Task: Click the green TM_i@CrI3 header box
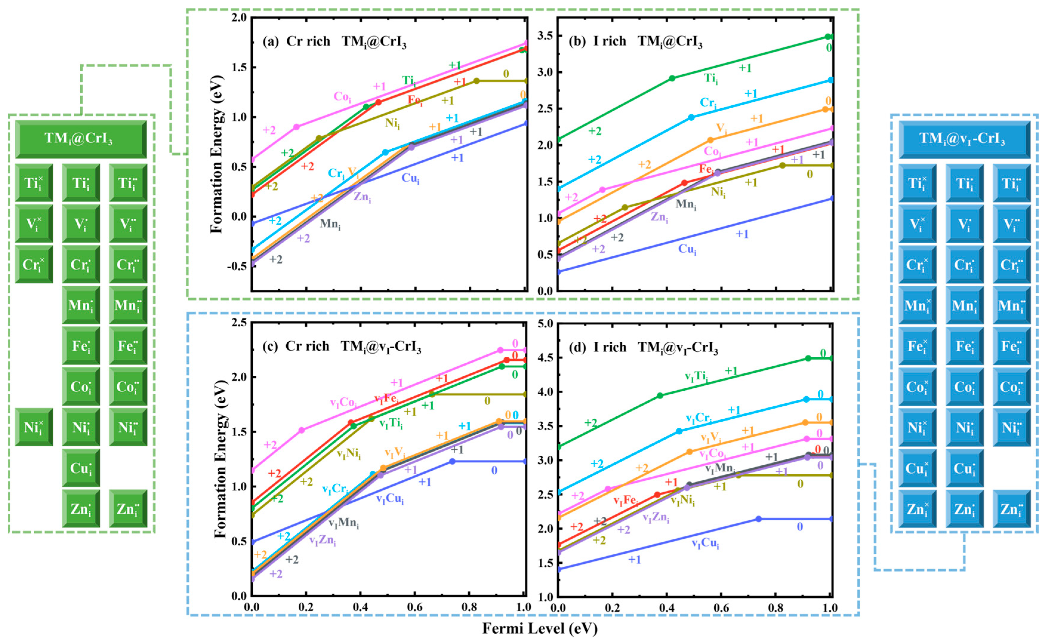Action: [x=81, y=139]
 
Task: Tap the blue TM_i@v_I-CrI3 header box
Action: [x=964, y=139]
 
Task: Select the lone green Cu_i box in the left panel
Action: [x=81, y=468]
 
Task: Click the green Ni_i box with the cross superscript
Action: [x=34, y=427]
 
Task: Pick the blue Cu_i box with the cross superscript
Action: [x=917, y=468]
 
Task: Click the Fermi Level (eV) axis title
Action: [x=540, y=628]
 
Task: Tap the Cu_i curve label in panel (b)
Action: [x=687, y=249]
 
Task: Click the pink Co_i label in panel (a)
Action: [x=342, y=97]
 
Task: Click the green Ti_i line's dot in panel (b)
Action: [x=672, y=78]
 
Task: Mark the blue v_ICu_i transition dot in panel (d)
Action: [x=758, y=519]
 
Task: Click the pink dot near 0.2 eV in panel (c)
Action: [x=302, y=430]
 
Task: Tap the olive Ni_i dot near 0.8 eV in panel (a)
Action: [x=476, y=81]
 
